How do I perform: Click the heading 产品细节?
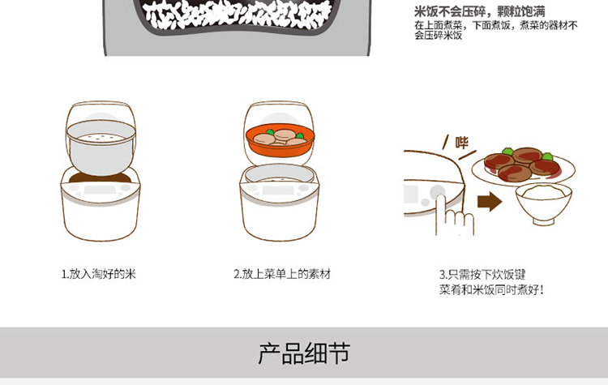304,353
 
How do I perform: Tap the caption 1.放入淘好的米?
98,274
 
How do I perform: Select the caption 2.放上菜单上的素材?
282,274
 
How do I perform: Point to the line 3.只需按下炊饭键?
482,275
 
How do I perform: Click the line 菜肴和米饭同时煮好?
491,289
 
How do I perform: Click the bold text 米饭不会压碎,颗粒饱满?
480,11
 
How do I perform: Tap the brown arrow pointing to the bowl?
490,202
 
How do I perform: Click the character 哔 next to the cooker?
462,143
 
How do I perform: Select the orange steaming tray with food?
280,142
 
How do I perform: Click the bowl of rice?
544,203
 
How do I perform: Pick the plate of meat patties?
524,167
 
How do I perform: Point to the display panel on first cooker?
100,190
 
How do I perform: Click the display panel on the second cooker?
278,190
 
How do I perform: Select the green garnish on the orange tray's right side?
300,135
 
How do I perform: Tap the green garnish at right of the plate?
547,156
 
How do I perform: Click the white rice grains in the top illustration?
238,15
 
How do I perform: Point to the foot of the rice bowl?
544,221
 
